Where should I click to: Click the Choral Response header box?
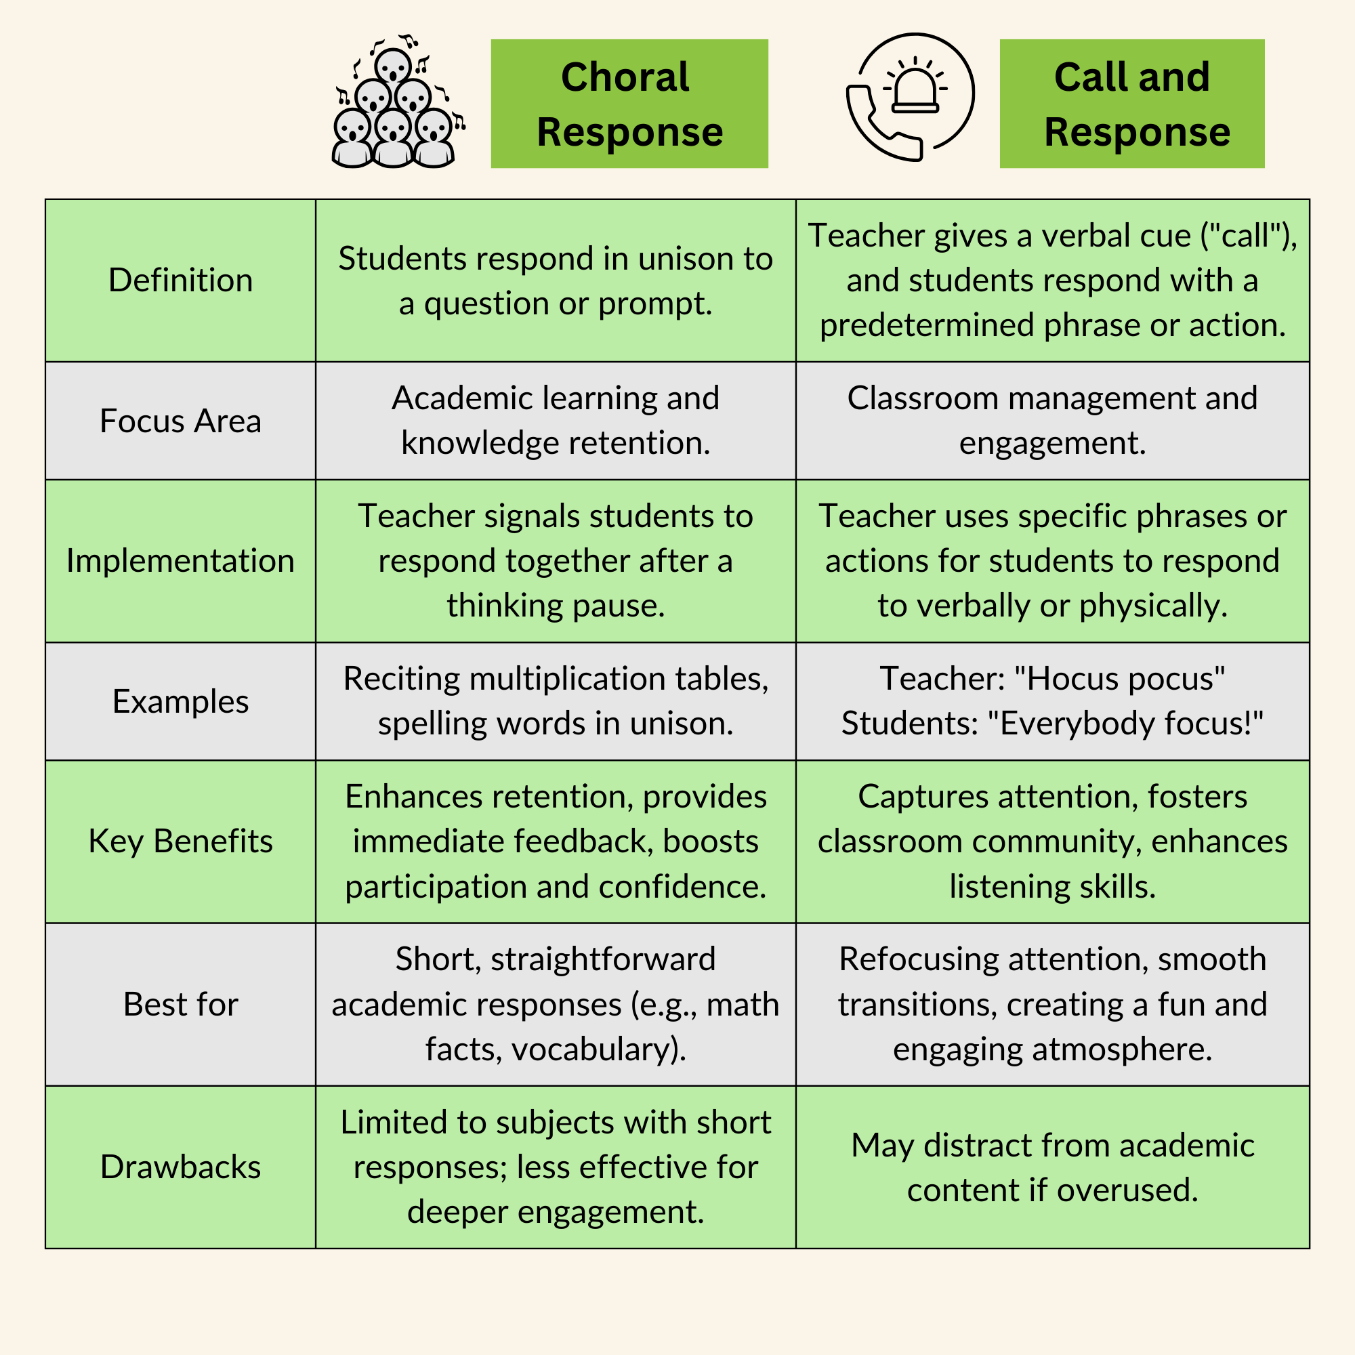629,104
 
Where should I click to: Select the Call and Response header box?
1131,104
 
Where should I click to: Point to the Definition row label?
180,280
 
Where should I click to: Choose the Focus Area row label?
180,421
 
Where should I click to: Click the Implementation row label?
180,561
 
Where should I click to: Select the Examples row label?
180,701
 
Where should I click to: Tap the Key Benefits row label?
180,841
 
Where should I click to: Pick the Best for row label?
180,1004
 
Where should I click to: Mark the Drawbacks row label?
180,1167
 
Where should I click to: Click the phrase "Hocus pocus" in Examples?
1120,679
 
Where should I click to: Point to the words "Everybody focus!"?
1131,724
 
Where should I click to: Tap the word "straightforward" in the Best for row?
603,959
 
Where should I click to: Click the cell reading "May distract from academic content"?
1052,1167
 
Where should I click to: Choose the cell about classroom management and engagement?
1052,421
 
